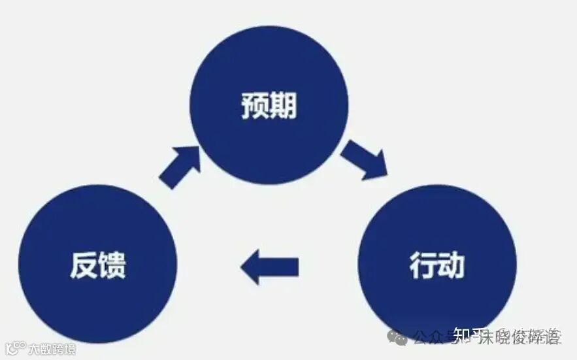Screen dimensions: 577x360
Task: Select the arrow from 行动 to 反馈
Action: click(x=269, y=267)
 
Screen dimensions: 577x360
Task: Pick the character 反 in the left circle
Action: click(x=84, y=265)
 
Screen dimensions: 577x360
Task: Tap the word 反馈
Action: click(x=98, y=265)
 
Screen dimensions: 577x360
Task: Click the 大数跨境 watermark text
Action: click(x=52, y=349)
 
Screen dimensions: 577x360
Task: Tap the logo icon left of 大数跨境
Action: click(x=14, y=348)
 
